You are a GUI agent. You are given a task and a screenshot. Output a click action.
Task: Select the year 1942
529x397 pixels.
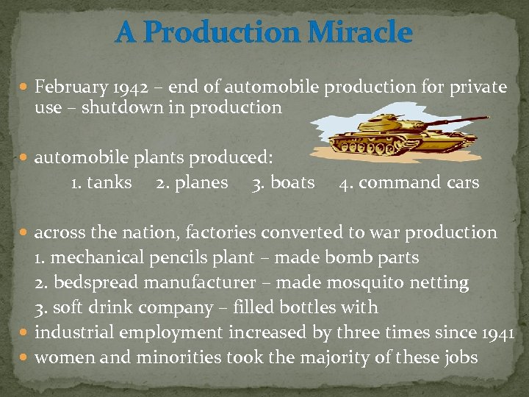tap(129, 87)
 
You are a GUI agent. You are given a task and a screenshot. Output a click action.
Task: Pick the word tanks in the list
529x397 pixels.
tap(109, 182)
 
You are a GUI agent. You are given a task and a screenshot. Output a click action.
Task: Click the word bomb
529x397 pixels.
tap(354, 258)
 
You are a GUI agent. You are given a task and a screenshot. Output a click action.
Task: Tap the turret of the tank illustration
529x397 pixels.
tap(400, 122)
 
